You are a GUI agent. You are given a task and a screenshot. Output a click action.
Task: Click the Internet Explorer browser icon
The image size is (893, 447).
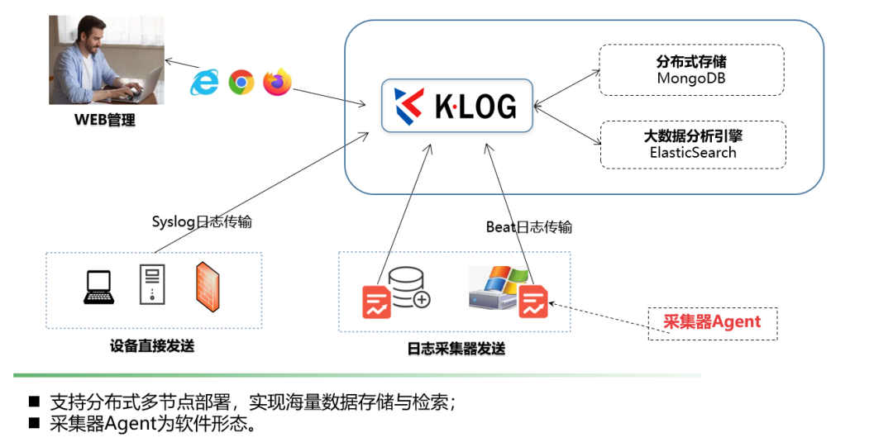tap(205, 81)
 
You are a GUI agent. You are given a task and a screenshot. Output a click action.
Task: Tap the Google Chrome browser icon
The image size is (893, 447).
tap(241, 81)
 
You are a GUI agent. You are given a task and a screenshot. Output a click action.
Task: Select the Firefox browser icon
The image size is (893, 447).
tap(278, 82)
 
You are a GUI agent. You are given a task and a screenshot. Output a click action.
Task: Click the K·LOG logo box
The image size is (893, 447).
tap(457, 105)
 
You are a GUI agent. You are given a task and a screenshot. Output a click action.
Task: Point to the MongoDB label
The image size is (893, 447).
tap(691, 78)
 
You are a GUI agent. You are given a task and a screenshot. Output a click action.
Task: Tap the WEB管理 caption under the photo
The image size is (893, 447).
tap(104, 121)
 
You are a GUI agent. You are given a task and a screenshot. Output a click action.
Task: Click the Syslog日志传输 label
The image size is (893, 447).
tap(202, 221)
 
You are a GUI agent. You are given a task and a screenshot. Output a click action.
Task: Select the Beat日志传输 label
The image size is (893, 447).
tap(528, 226)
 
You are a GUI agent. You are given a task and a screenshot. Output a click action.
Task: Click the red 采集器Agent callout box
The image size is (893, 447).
tap(712, 321)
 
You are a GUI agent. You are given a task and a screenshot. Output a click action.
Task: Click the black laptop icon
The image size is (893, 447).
tap(99, 288)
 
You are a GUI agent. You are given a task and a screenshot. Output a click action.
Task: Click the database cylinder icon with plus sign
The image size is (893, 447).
tap(408, 286)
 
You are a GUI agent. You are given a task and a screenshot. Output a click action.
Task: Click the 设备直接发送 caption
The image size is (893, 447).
tap(152, 346)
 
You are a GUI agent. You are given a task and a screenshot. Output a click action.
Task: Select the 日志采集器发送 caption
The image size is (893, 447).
tap(456, 349)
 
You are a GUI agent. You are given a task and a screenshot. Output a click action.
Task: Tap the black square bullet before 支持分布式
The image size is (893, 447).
tap(34, 402)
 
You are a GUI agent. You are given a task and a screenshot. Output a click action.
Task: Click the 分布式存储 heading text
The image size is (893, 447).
tap(691, 62)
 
